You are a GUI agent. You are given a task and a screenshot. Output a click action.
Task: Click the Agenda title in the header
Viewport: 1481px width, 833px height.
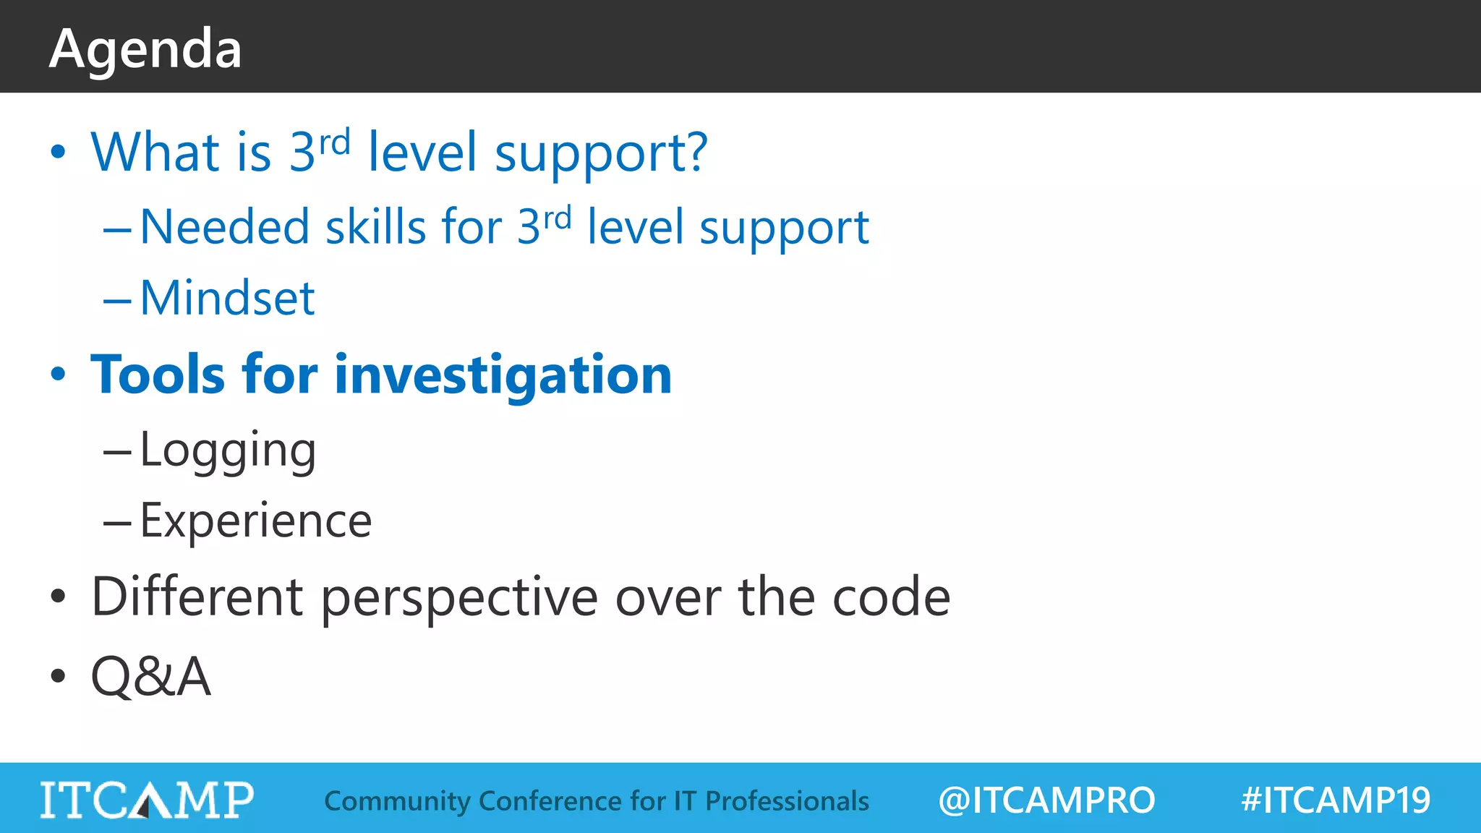pos(145,49)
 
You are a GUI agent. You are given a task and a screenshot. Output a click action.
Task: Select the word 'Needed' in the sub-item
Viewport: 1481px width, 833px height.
pos(224,227)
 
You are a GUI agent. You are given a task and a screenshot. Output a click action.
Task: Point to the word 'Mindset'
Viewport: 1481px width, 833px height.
pos(227,298)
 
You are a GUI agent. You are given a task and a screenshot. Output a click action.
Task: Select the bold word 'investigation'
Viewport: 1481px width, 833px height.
pos(503,376)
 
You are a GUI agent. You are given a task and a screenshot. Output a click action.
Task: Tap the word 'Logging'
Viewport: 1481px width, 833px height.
pos(227,450)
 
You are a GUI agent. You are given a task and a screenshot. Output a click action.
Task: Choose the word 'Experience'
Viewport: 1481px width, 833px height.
pos(255,521)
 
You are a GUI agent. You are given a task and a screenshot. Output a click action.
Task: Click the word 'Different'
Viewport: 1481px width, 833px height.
pos(197,597)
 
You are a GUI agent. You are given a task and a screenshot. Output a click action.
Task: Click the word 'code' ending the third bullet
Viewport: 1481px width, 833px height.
pos(891,597)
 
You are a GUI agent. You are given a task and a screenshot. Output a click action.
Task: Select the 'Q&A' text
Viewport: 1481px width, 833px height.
pos(150,677)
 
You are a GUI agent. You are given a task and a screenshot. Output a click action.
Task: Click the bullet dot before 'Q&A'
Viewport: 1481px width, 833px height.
pos(58,677)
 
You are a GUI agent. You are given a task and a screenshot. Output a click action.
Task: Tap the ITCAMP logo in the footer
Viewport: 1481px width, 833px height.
pos(147,800)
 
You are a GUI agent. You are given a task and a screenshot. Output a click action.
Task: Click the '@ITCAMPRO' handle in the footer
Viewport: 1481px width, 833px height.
pos(1046,800)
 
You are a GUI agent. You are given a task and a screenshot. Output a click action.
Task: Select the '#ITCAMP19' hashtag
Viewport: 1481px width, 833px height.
pos(1335,800)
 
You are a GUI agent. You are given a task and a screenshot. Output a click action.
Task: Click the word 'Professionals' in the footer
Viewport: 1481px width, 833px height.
pos(787,801)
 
